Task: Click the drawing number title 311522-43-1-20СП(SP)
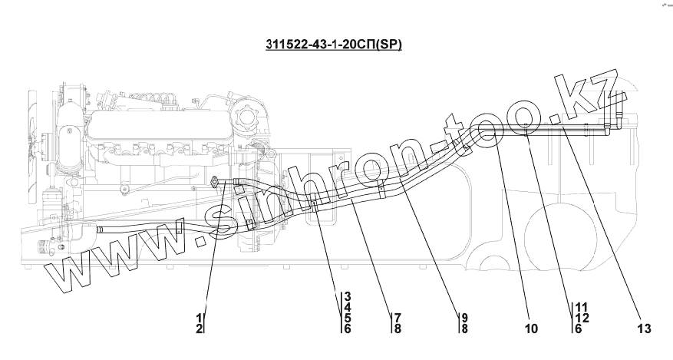coord(334,45)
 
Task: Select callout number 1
coord(199,318)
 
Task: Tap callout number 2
coord(199,329)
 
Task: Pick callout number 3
coord(347,296)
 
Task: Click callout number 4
coord(347,307)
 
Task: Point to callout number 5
coord(347,318)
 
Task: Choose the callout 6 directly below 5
coord(347,329)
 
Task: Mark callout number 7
coord(398,318)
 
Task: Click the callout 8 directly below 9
coord(464,329)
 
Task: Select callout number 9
coord(464,318)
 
